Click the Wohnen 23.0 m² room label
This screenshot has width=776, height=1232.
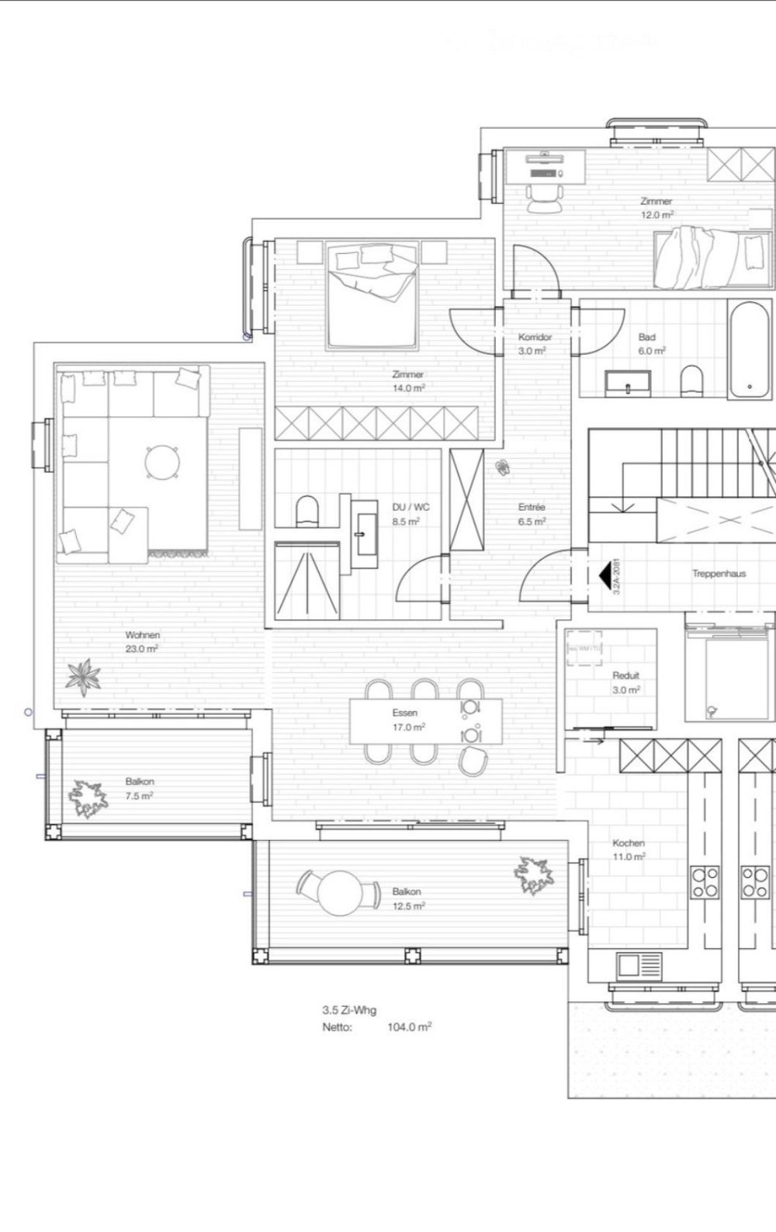[142, 641]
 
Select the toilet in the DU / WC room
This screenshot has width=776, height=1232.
[307, 511]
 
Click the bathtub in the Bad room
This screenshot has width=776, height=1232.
[750, 350]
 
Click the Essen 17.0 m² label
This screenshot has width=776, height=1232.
[407, 720]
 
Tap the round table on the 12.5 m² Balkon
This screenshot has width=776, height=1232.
[338, 893]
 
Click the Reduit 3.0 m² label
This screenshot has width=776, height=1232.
[625, 682]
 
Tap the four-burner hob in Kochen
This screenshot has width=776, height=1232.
[705, 882]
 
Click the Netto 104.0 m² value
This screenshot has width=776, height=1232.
[409, 1026]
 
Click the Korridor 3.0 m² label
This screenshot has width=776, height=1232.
[535, 343]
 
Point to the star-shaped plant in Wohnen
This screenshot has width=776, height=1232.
[82, 675]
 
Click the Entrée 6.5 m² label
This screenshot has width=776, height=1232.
[532, 514]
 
